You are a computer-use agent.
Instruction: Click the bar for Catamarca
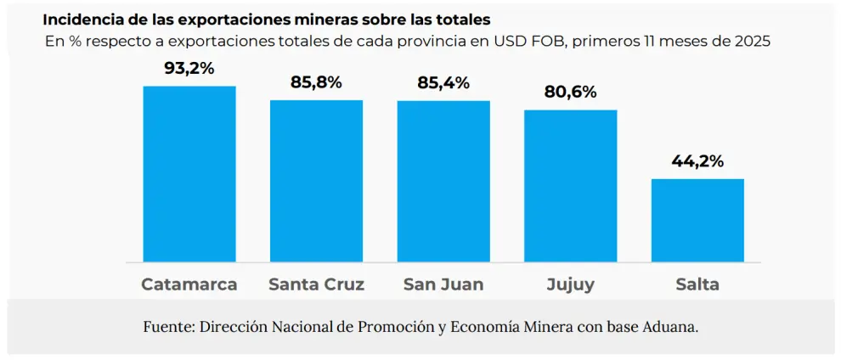189,174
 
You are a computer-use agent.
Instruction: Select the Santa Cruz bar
316,181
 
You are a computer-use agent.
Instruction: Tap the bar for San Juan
443,181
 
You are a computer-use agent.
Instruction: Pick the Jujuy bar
570,186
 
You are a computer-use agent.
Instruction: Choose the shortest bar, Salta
697,220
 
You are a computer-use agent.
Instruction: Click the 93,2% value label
189,69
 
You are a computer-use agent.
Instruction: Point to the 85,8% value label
316,83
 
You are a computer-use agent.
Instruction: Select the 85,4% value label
443,83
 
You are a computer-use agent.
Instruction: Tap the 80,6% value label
570,92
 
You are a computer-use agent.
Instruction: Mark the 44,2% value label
697,160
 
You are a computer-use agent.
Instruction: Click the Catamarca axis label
189,284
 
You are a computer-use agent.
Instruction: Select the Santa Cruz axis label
316,284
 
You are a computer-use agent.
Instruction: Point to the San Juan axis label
443,284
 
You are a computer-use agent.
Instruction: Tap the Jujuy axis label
570,285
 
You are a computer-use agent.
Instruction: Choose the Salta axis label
697,284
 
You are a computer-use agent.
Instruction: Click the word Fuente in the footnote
167,327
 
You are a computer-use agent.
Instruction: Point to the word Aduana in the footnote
671,327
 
